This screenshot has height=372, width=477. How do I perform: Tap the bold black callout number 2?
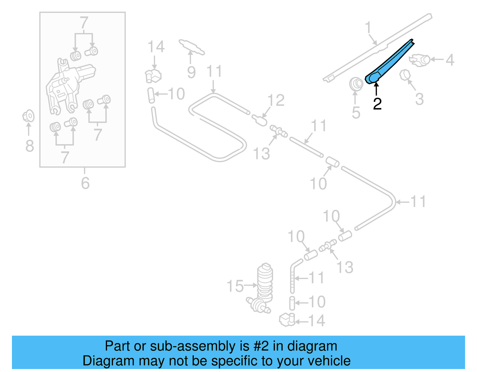(x=377, y=104)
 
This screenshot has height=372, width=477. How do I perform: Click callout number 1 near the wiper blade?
(x=368, y=27)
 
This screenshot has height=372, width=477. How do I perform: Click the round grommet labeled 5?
(x=356, y=84)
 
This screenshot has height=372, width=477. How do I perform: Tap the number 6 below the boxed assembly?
(x=85, y=183)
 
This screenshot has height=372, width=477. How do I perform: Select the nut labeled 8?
(x=29, y=116)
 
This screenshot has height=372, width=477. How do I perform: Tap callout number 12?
(x=276, y=100)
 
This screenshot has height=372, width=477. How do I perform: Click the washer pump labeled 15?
(x=264, y=286)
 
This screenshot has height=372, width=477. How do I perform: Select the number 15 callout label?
(x=235, y=286)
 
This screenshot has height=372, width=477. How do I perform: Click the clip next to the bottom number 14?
(x=287, y=320)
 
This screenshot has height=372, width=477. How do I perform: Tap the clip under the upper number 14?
(x=153, y=75)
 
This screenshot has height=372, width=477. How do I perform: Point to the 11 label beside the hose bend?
(x=418, y=202)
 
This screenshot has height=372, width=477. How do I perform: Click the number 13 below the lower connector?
(x=345, y=267)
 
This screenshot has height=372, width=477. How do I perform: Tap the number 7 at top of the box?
(x=84, y=23)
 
